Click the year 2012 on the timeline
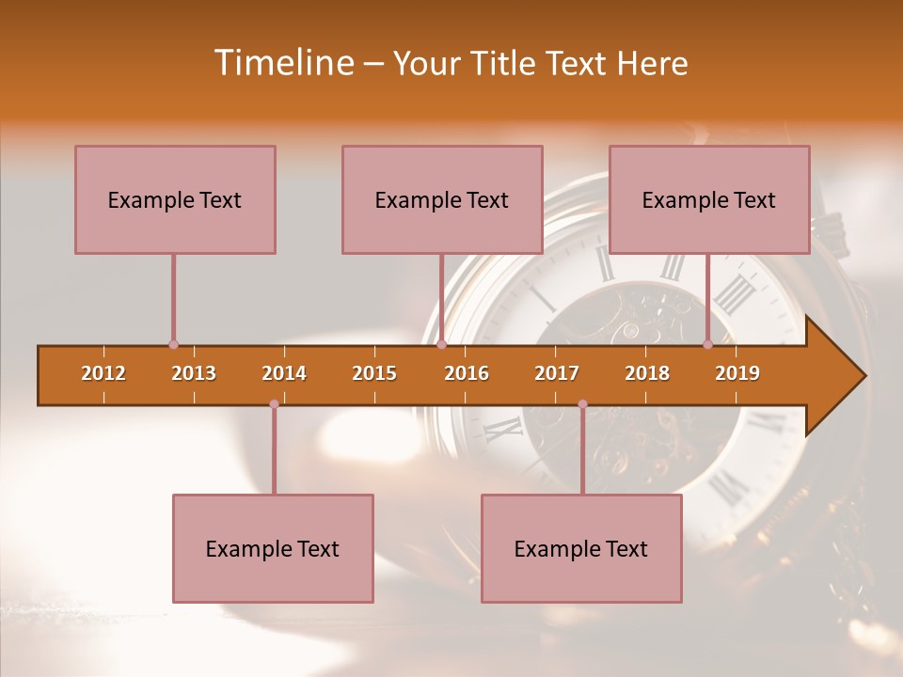[x=103, y=373]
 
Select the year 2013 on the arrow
[x=194, y=373]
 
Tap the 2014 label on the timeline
[x=284, y=373]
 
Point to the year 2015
[x=374, y=373]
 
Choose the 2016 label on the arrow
[x=467, y=373]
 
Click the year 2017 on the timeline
[x=557, y=373]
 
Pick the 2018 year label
[x=647, y=373]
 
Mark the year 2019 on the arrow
[x=737, y=373]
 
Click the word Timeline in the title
[x=282, y=63]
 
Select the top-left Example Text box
[x=175, y=199]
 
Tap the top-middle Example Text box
[x=442, y=199]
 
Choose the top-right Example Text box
[x=709, y=199]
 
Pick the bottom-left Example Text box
[x=273, y=548]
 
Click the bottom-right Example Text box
[x=581, y=548]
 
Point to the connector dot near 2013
[x=173, y=345]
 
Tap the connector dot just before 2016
[x=441, y=345]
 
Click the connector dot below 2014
[x=274, y=404]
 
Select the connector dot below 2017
[x=582, y=404]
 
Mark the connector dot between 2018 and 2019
[x=708, y=345]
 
